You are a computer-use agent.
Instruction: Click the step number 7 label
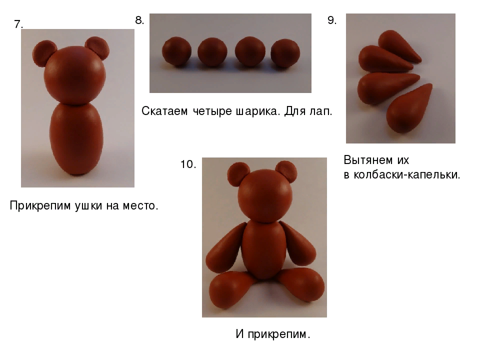point(18,24)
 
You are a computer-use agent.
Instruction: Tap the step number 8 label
point(139,20)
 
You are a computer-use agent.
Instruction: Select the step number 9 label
point(332,20)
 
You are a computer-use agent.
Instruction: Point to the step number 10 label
point(188,164)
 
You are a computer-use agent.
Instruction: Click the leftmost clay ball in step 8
point(176,51)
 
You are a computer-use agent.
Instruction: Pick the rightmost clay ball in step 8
point(285,53)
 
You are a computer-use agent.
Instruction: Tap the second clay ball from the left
point(212,52)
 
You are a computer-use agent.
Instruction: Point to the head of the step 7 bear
point(75,75)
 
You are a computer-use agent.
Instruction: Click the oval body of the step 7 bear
point(76,139)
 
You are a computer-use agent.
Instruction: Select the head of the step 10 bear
point(264,196)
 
